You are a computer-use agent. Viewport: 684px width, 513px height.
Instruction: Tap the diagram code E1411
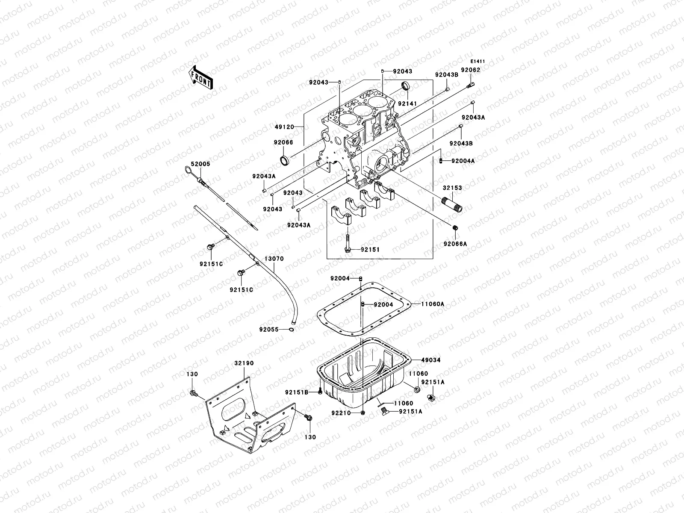(478, 61)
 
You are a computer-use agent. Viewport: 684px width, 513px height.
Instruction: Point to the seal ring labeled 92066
(284, 161)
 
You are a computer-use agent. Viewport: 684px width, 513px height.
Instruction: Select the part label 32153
(452, 187)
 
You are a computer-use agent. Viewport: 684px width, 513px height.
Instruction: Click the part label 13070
(274, 259)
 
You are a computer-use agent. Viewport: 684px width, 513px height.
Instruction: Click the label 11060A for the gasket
(432, 304)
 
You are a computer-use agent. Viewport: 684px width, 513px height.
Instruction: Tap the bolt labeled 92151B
(320, 391)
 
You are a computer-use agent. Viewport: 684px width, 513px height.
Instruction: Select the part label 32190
(244, 363)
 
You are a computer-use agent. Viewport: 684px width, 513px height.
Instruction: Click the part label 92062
(470, 70)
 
